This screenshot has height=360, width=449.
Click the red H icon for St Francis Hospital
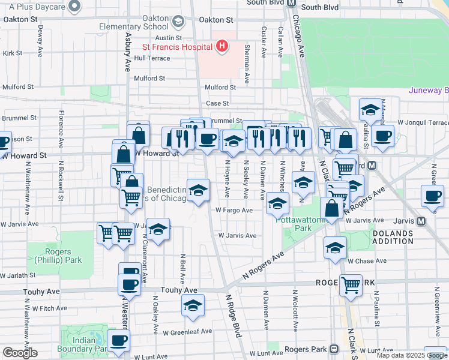[222, 46]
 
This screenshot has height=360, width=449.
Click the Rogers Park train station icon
[334, 349]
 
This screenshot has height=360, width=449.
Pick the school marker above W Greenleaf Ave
[192, 306]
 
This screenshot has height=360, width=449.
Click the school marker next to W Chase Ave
[334, 247]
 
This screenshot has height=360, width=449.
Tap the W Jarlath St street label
[18, 275]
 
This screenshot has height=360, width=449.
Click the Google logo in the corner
[20, 352]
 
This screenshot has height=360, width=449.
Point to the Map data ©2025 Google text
[412, 355]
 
